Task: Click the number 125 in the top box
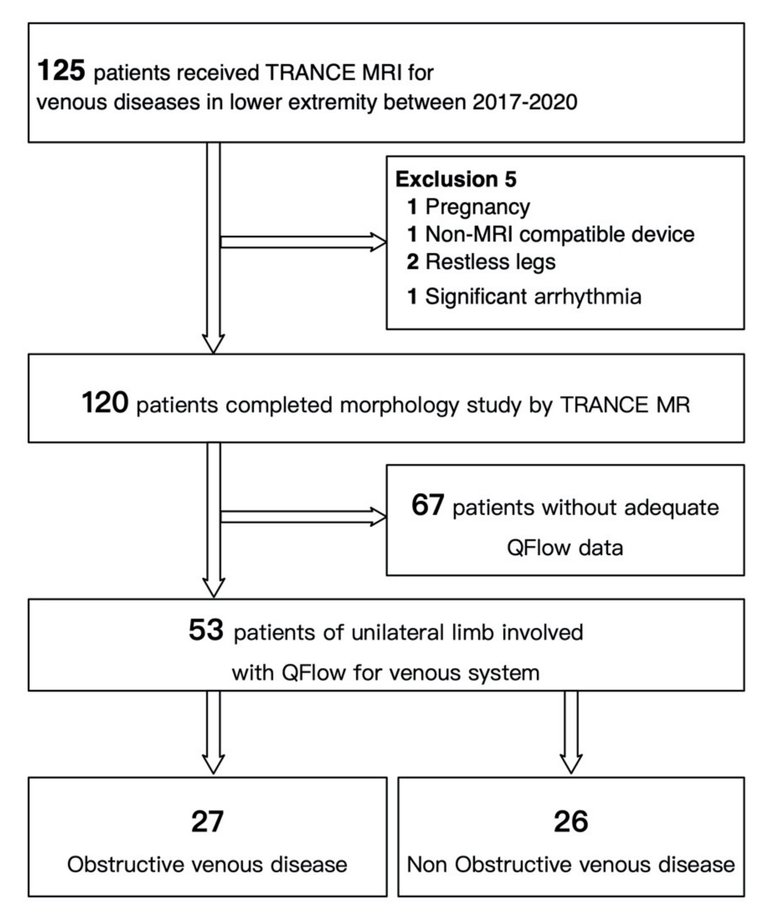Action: [61, 71]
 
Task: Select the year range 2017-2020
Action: [525, 102]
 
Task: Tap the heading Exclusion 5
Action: [456, 179]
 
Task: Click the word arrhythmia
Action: [588, 297]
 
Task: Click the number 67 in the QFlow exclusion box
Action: [428, 505]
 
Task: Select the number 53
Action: [206, 630]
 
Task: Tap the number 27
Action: [208, 821]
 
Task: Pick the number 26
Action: [571, 821]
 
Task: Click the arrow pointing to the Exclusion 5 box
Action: [303, 242]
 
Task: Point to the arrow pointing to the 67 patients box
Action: [303, 516]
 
